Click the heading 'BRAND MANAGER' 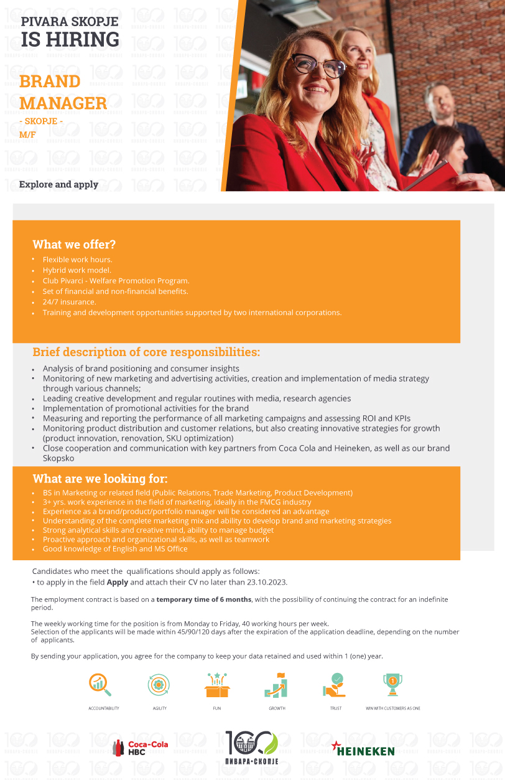(x=63, y=92)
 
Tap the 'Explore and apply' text (x=58, y=184)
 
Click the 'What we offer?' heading (x=74, y=245)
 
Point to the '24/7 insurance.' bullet (x=69, y=302)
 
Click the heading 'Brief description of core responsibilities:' (x=146, y=352)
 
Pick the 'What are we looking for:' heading (x=100, y=479)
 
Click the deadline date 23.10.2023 (x=266, y=583)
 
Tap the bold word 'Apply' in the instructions (x=117, y=583)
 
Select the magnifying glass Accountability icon (x=100, y=685)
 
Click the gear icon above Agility (x=159, y=685)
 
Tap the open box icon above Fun (x=218, y=685)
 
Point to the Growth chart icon (x=276, y=685)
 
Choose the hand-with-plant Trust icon (x=335, y=685)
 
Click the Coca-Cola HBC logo (x=141, y=748)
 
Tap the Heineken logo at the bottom (x=363, y=749)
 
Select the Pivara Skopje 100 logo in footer (x=252, y=747)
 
